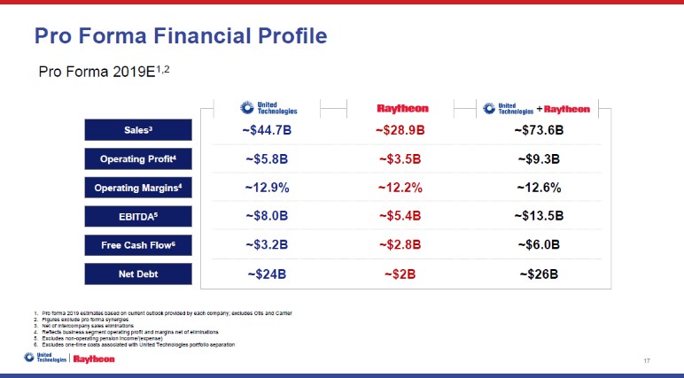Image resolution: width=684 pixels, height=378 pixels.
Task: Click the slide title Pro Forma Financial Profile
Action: (x=181, y=36)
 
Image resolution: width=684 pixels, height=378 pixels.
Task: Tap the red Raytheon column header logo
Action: (x=402, y=108)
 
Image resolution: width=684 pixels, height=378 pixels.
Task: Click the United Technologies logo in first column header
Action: (x=269, y=108)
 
